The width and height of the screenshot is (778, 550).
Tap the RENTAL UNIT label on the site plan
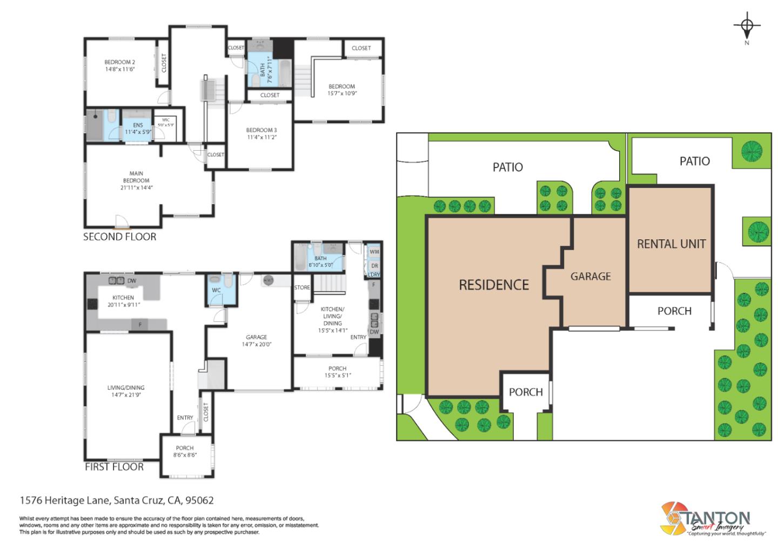coord(671,244)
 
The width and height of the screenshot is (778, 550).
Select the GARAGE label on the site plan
coord(591,276)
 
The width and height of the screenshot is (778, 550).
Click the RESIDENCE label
coord(493,285)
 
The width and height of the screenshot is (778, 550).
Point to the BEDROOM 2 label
coord(119,62)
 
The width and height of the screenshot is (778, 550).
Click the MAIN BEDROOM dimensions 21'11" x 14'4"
coord(136,188)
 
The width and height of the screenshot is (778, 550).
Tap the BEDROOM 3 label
coord(261,130)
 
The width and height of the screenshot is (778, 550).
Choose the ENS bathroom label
coord(138,125)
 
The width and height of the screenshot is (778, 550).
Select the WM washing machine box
coord(374,252)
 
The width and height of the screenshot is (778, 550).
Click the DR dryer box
coord(374,266)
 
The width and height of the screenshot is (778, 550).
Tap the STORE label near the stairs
coord(302,287)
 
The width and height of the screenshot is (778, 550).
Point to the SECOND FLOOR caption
coord(119,237)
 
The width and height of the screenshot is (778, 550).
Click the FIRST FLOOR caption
coord(114,467)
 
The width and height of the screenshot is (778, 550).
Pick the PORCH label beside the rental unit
coord(674,311)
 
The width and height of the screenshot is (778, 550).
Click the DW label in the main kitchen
coord(131,280)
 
